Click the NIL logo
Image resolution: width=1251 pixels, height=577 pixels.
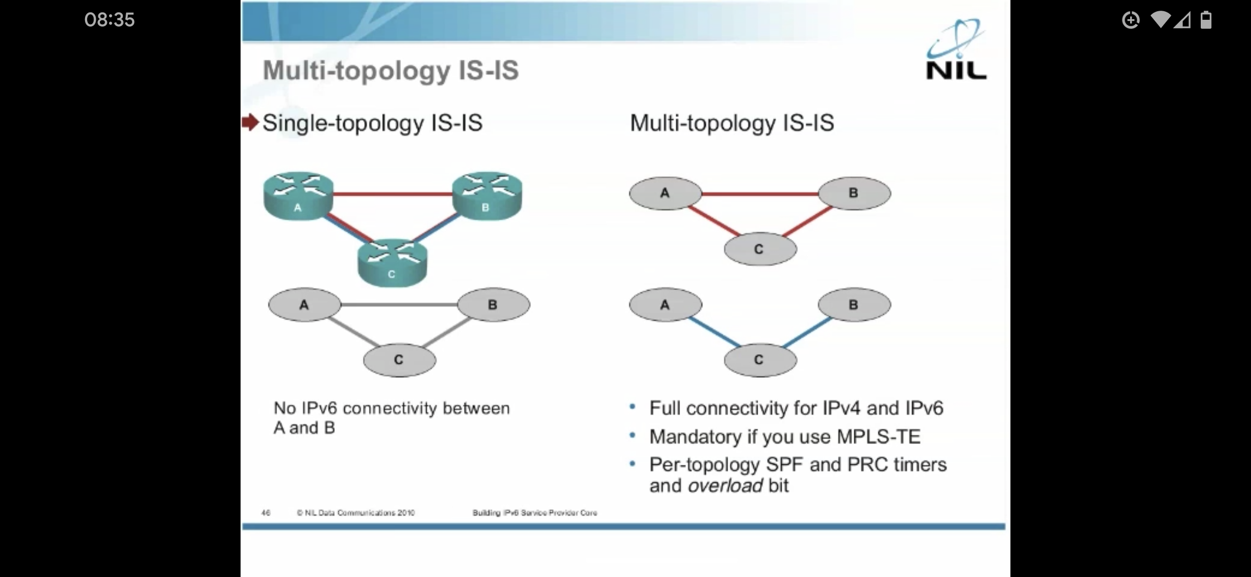[x=956, y=51]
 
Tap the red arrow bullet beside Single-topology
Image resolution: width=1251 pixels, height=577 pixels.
[x=250, y=122]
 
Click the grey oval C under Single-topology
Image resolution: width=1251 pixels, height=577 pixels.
[x=399, y=360]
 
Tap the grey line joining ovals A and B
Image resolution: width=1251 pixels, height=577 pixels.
[x=399, y=305]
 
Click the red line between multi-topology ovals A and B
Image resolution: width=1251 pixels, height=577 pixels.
[x=760, y=193]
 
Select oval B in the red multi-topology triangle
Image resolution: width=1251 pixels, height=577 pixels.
[x=854, y=193]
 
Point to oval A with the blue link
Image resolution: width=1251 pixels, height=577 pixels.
[x=665, y=305]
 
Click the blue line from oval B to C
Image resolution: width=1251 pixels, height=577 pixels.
[x=807, y=332]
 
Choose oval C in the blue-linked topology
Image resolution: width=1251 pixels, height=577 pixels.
[x=760, y=360]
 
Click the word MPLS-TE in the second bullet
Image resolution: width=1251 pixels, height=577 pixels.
[x=878, y=436]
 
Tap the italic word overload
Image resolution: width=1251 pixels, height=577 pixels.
[x=725, y=486]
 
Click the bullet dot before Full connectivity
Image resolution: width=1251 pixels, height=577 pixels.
[x=632, y=407]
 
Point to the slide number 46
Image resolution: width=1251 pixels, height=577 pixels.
[x=266, y=513]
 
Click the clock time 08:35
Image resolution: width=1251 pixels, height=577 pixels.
[x=110, y=20]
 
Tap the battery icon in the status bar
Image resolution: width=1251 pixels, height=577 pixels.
[x=1206, y=20]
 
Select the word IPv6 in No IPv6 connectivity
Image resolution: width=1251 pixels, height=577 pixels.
[x=319, y=408]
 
